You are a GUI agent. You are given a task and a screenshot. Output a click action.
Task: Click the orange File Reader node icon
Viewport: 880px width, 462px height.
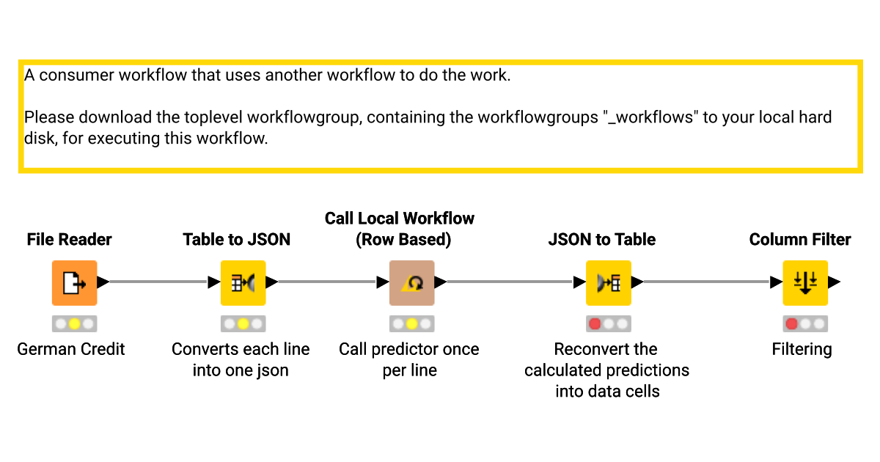[74, 283]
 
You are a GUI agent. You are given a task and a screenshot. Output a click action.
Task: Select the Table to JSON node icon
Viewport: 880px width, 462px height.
[243, 283]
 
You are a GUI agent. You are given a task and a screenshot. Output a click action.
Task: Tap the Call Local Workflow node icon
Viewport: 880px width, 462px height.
[411, 283]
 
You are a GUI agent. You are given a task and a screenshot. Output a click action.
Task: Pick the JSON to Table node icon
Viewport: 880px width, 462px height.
[608, 283]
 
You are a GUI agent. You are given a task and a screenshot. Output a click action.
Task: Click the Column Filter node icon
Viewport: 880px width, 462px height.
[804, 283]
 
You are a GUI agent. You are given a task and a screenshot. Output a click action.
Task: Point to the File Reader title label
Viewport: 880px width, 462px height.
[69, 239]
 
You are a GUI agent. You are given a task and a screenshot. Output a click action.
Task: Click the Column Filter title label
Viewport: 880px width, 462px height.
[800, 239]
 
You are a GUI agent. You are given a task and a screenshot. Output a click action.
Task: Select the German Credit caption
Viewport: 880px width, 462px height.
[71, 349]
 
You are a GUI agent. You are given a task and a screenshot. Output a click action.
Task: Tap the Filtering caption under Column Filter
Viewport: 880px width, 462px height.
[802, 349]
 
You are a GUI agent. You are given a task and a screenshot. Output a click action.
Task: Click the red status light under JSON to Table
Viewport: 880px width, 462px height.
[595, 323]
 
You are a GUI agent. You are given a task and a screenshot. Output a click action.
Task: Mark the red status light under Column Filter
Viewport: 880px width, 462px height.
[791, 323]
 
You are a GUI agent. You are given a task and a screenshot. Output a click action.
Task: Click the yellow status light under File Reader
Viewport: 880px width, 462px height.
[74, 323]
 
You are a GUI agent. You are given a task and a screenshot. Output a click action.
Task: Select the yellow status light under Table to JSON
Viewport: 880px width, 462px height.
[243, 323]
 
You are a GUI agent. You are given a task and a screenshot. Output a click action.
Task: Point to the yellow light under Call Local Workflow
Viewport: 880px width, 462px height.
[411, 323]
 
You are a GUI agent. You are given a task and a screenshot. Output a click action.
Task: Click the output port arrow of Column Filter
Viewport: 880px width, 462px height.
[835, 282]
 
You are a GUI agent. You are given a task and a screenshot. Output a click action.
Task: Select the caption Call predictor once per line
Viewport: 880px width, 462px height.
[409, 359]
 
